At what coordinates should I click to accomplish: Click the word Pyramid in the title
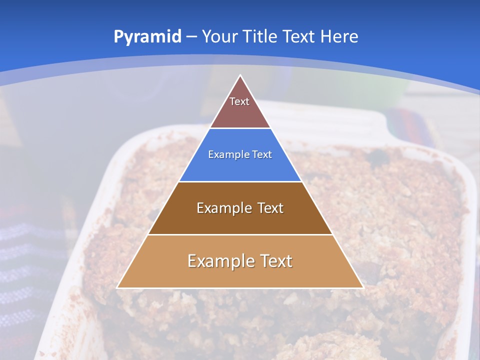(x=147, y=37)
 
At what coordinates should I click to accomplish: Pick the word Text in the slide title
(x=300, y=37)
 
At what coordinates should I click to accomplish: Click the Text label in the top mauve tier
(x=239, y=101)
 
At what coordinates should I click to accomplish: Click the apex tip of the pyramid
(x=240, y=75)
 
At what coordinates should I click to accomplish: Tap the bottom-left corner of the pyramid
(x=117, y=287)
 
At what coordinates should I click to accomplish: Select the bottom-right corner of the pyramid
(x=362, y=287)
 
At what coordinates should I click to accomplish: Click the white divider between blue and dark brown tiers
(x=240, y=182)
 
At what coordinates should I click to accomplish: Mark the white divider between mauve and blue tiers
(x=240, y=128)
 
